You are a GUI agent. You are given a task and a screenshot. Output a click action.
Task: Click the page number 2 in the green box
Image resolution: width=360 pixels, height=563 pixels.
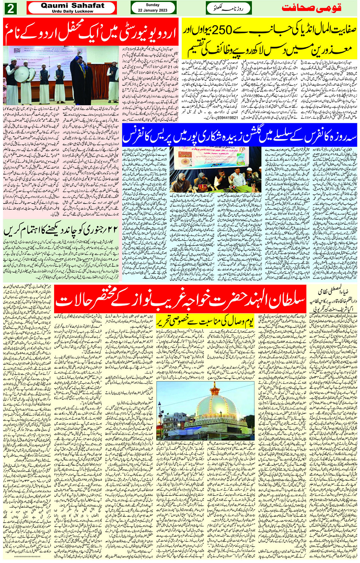click(10, 8)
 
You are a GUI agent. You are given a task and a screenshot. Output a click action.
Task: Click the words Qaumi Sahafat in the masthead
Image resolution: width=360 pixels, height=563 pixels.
click(72, 5)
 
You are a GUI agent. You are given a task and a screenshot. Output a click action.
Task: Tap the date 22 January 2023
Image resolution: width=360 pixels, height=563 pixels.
click(153, 10)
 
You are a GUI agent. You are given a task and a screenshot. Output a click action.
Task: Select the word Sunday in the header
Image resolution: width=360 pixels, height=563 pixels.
click(153, 5)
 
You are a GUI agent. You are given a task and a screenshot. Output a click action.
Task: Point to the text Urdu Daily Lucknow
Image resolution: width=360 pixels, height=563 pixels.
click(72, 11)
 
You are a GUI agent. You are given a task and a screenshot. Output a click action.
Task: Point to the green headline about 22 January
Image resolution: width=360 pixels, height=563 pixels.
click(61, 230)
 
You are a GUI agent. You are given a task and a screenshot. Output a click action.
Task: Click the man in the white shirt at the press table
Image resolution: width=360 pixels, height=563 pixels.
click(239, 175)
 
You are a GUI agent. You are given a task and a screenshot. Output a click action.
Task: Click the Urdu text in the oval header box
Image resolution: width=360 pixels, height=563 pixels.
click(229, 8)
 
